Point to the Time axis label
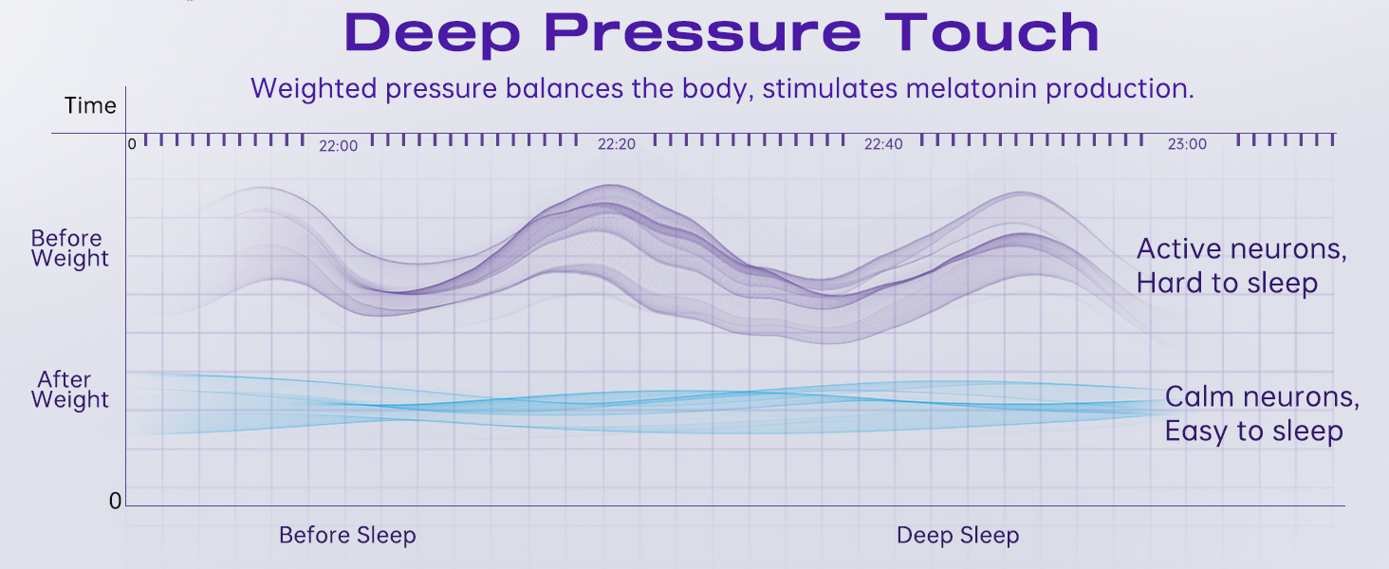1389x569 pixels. pos(90,106)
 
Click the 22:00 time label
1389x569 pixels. pos(339,145)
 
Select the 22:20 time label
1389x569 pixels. pos(617,145)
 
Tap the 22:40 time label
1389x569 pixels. pos(883,145)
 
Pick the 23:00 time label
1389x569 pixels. pos(1187,145)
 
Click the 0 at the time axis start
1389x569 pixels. pos(133,144)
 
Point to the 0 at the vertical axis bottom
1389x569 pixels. pos(116,501)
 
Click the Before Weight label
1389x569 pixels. pos(69,248)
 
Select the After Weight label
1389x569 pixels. pos(69,390)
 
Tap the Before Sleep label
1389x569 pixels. pos(347,535)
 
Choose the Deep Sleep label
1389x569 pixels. pos(957,535)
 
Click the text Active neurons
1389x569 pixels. pos(1241,249)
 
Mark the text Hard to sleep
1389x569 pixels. pos(1227,283)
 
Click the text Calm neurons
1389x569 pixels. pos(1261,396)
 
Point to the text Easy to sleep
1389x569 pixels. pos(1253,431)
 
